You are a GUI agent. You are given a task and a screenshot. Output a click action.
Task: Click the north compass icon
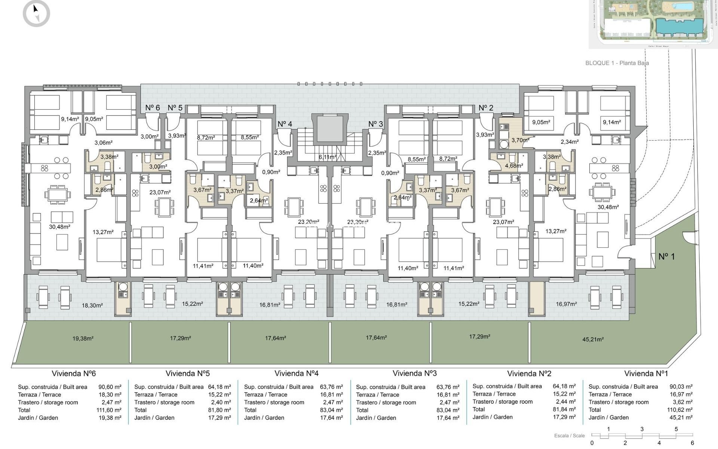click(36, 13)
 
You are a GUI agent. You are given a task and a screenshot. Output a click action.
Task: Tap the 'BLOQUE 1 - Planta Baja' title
click(617, 63)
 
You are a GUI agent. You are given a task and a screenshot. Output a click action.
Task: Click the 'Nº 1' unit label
click(666, 257)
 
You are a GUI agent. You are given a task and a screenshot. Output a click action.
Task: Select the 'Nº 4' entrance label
click(285, 124)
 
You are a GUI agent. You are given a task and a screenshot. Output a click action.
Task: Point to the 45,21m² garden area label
click(593, 340)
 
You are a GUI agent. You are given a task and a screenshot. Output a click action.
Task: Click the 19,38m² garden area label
click(83, 339)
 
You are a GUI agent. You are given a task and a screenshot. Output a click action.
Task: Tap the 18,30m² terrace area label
click(92, 305)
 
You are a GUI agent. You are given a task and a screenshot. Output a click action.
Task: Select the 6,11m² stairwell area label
click(328, 157)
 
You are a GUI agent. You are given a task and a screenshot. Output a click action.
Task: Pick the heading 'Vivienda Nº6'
click(74, 373)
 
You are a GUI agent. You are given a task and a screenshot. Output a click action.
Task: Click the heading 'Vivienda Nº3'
click(414, 373)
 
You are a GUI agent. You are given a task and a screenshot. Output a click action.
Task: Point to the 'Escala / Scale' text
click(569, 436)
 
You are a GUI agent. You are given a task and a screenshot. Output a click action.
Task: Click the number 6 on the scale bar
click(692, 443)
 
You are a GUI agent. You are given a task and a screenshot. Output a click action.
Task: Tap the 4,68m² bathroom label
click(514, 165)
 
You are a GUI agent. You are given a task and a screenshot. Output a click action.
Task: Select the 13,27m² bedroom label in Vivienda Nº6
click(103, 232)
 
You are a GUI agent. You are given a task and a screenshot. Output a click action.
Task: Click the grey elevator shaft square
click(329, 129)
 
